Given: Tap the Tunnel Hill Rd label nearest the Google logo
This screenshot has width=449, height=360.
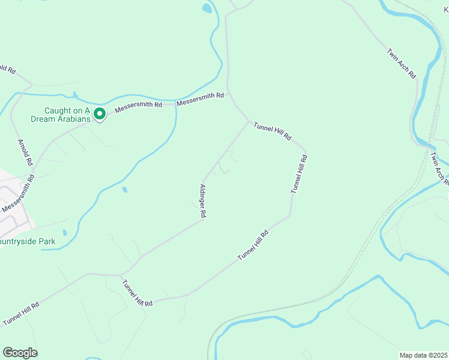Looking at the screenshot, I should (21, 313).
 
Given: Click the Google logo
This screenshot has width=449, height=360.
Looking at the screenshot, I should (20, 353).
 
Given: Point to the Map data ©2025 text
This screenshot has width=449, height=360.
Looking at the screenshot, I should (424, 355).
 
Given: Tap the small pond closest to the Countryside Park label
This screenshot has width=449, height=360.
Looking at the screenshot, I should (64, 232).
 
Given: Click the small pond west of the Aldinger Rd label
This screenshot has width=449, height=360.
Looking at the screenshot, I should (124, 190).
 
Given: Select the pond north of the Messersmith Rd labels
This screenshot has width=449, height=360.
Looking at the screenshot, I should (207, 8).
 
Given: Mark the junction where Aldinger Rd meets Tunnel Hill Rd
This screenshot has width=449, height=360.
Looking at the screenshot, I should (249, 121).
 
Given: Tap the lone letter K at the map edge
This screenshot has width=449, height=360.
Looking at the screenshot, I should (446, 11).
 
